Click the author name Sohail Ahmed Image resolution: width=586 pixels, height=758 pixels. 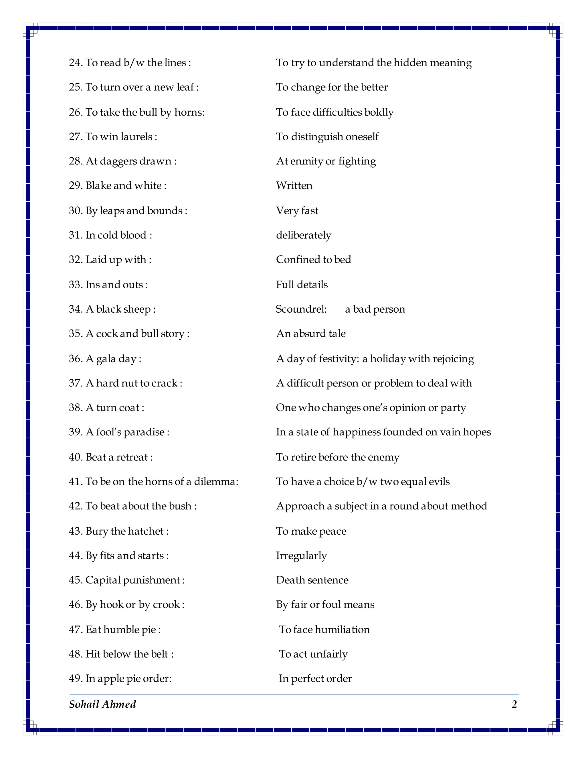point(102,704)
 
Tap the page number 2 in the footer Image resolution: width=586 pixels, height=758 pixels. point(514,704)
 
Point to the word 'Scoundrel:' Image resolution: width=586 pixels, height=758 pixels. point(301,309)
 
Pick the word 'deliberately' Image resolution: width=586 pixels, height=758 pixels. point(303,235)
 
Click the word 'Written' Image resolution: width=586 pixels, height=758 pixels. point(294,185)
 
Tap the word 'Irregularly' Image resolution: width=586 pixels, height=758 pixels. point(301,556)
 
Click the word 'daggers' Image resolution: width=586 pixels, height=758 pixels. point(118,161)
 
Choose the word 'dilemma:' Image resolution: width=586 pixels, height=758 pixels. point(216,481)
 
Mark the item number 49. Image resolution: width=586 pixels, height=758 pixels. point(75,678)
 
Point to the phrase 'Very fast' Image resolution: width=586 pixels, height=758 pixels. point(297,211)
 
